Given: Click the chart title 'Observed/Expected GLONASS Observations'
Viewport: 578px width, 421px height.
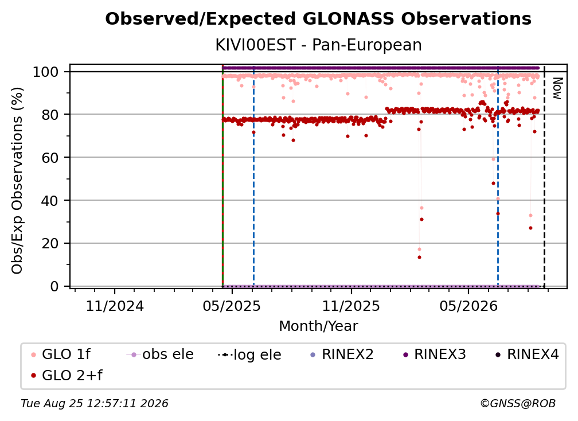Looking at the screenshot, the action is [x=318, y=19].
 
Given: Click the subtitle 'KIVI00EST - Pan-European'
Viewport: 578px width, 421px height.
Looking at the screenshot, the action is [x=318, y=45].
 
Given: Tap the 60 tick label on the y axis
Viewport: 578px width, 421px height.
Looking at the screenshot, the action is [x=50, y=157].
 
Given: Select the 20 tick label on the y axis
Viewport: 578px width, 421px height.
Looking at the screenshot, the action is [x=50, y=243].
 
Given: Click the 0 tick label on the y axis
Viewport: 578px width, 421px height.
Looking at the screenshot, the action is [x=54, y=286].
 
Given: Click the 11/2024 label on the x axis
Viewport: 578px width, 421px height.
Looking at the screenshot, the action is [x=115, y=306].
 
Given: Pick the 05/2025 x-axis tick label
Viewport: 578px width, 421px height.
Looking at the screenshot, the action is [x=232, y=306].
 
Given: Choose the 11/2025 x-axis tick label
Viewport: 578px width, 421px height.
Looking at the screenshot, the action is [x=351, y=306].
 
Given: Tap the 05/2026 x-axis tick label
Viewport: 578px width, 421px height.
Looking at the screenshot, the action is [x=468, y=306].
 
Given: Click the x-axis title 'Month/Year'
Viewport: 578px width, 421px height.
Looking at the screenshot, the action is [x=318, y=326].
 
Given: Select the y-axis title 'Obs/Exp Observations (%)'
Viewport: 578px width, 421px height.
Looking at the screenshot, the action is [x=17, y=181].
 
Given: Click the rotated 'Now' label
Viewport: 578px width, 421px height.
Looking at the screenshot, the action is [x=557, y=88].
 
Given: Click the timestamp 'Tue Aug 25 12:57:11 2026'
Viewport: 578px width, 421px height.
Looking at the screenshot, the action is [x=95, y=404].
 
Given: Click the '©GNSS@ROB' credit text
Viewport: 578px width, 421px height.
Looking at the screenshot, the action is [x=518, y=404].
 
